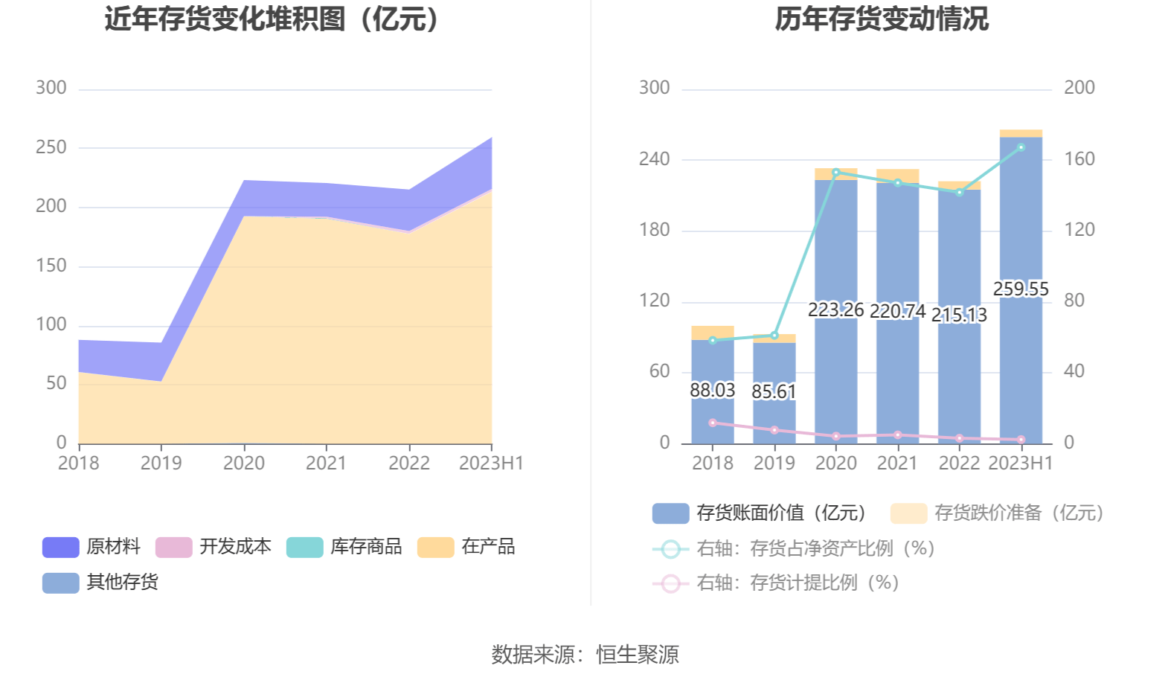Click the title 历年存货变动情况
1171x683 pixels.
882,19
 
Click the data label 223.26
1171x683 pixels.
835,310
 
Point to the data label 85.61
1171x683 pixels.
774,391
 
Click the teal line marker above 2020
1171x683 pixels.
835,173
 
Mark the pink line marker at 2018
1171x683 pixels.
713,423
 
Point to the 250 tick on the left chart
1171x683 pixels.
51,147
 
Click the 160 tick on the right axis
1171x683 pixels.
1079,158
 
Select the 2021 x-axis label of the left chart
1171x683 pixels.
326,464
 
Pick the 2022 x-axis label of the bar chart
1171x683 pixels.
959,464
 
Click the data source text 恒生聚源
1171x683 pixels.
638,655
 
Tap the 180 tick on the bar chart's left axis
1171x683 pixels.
655,230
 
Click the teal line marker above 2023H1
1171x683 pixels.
1021,147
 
